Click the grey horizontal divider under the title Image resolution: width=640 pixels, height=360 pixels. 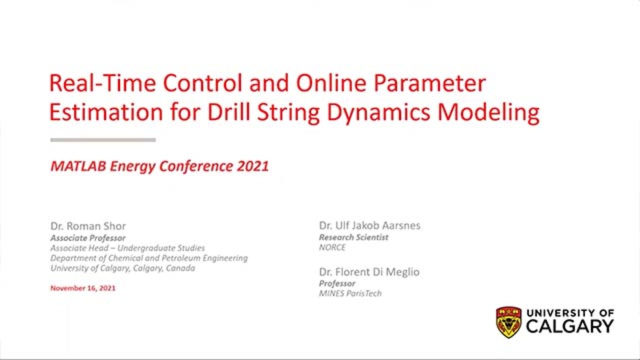tap(103, 140)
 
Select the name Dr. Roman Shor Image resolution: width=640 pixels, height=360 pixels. tap(88, 225)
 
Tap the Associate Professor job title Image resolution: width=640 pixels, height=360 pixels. tap(87, 238)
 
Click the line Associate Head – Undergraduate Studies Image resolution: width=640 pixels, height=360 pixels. tap(127, 248)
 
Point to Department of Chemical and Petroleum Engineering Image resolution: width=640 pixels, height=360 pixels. tap(148, 258)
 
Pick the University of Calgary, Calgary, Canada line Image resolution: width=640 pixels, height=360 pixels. tap(122, 268)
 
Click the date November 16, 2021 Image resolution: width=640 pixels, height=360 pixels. tap(82, 288)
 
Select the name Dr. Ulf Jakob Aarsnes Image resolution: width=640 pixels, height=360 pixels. tap(369, 225)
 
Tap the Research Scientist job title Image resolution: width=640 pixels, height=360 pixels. tap(353, 237)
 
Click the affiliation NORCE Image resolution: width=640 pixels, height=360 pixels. tap(332, 247)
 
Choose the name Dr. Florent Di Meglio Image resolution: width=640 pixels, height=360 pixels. tap(369, 272)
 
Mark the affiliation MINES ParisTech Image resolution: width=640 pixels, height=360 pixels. tap(350, 293)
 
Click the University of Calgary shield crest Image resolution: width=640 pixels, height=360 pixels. tap(508, 322)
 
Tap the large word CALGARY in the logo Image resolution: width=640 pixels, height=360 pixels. tap(569, 327)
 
